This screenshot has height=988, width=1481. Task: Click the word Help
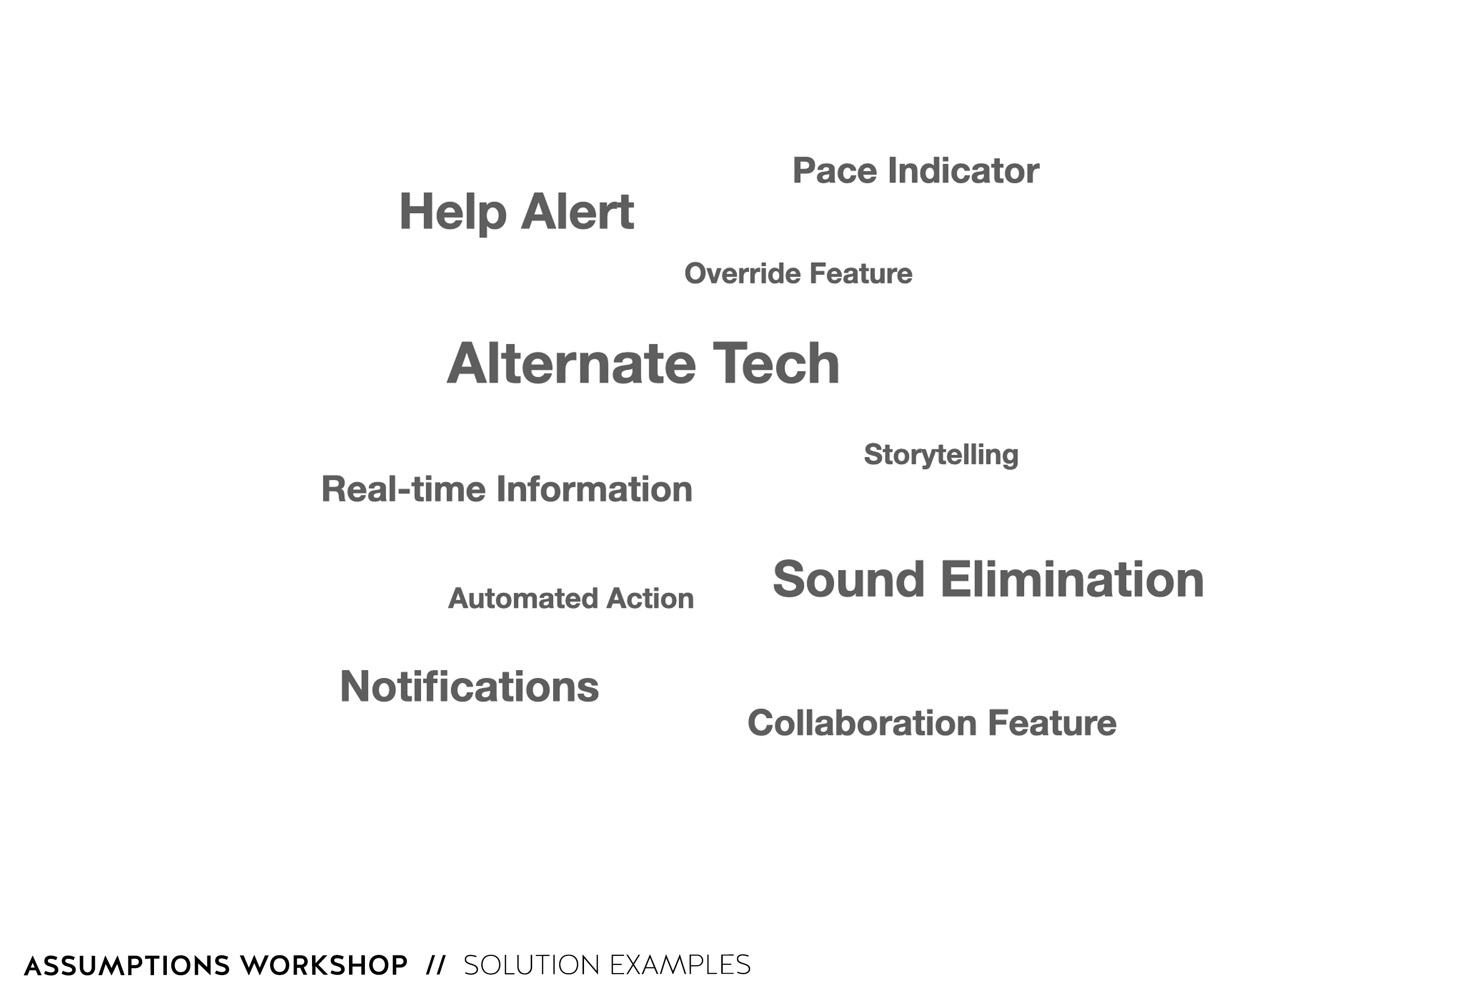[x=453, y=212]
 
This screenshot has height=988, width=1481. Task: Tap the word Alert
[x=578, y=212]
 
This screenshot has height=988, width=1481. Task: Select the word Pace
[x=834, y=171]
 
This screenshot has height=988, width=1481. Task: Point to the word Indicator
[x=964, y=171]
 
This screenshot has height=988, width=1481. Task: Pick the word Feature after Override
[x=861, y=274]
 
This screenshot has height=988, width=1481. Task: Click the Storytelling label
[x=941, y=455]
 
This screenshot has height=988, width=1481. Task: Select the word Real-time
[x=404, y=489]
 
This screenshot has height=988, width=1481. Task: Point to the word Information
[x=594, y=489]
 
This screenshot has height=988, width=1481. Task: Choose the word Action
[x=650, y=599]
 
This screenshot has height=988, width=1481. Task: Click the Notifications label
[x=469, y=686]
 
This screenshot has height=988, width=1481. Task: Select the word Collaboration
[x=861, y=723]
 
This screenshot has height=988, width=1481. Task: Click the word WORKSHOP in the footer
[x=324, y=965]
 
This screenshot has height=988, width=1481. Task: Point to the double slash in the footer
[x=436, y=965]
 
